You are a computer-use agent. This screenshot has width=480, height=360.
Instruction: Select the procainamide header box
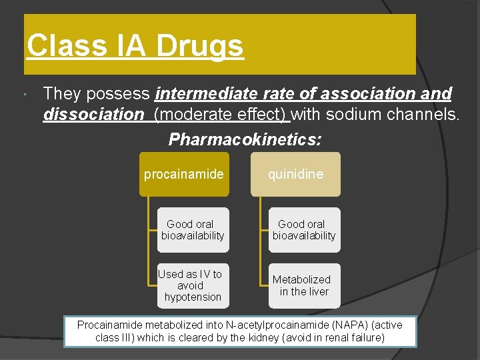point(184,175)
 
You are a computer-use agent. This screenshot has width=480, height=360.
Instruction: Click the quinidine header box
point(295,175)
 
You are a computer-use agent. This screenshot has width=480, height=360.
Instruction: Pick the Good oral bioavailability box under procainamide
point(193,230)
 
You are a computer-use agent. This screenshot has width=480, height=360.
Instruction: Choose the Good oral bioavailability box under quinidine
point(304,230)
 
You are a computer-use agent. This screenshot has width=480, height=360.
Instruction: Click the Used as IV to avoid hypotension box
point(193,285)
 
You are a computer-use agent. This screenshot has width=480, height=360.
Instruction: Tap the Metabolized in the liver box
point(304,285)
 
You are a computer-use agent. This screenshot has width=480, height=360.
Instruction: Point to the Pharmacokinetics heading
point(245,139)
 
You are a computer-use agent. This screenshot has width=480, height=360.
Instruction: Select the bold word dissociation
point(93,115)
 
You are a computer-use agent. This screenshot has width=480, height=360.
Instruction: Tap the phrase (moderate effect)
point(221,115)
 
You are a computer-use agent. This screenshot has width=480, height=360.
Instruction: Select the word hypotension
point(193,297)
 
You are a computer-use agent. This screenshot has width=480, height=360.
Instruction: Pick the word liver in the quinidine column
point(318,291)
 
